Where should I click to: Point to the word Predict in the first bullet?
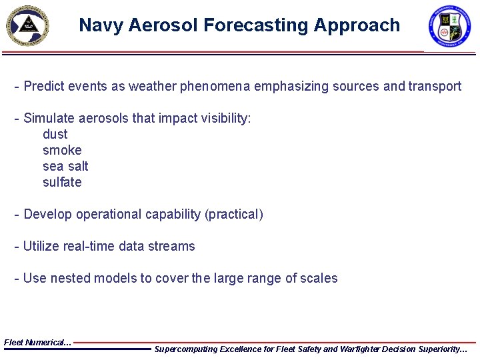[44, 86]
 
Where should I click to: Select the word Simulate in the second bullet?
[49, 118]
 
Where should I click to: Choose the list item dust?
[55, 134]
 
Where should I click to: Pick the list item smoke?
[62, 150]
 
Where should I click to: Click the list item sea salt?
[65, 166]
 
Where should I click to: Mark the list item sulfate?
[62, 182]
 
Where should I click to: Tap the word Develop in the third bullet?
[48, 214]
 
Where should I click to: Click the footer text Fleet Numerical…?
[37, 342]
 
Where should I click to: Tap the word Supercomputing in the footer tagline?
[187, 349]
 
